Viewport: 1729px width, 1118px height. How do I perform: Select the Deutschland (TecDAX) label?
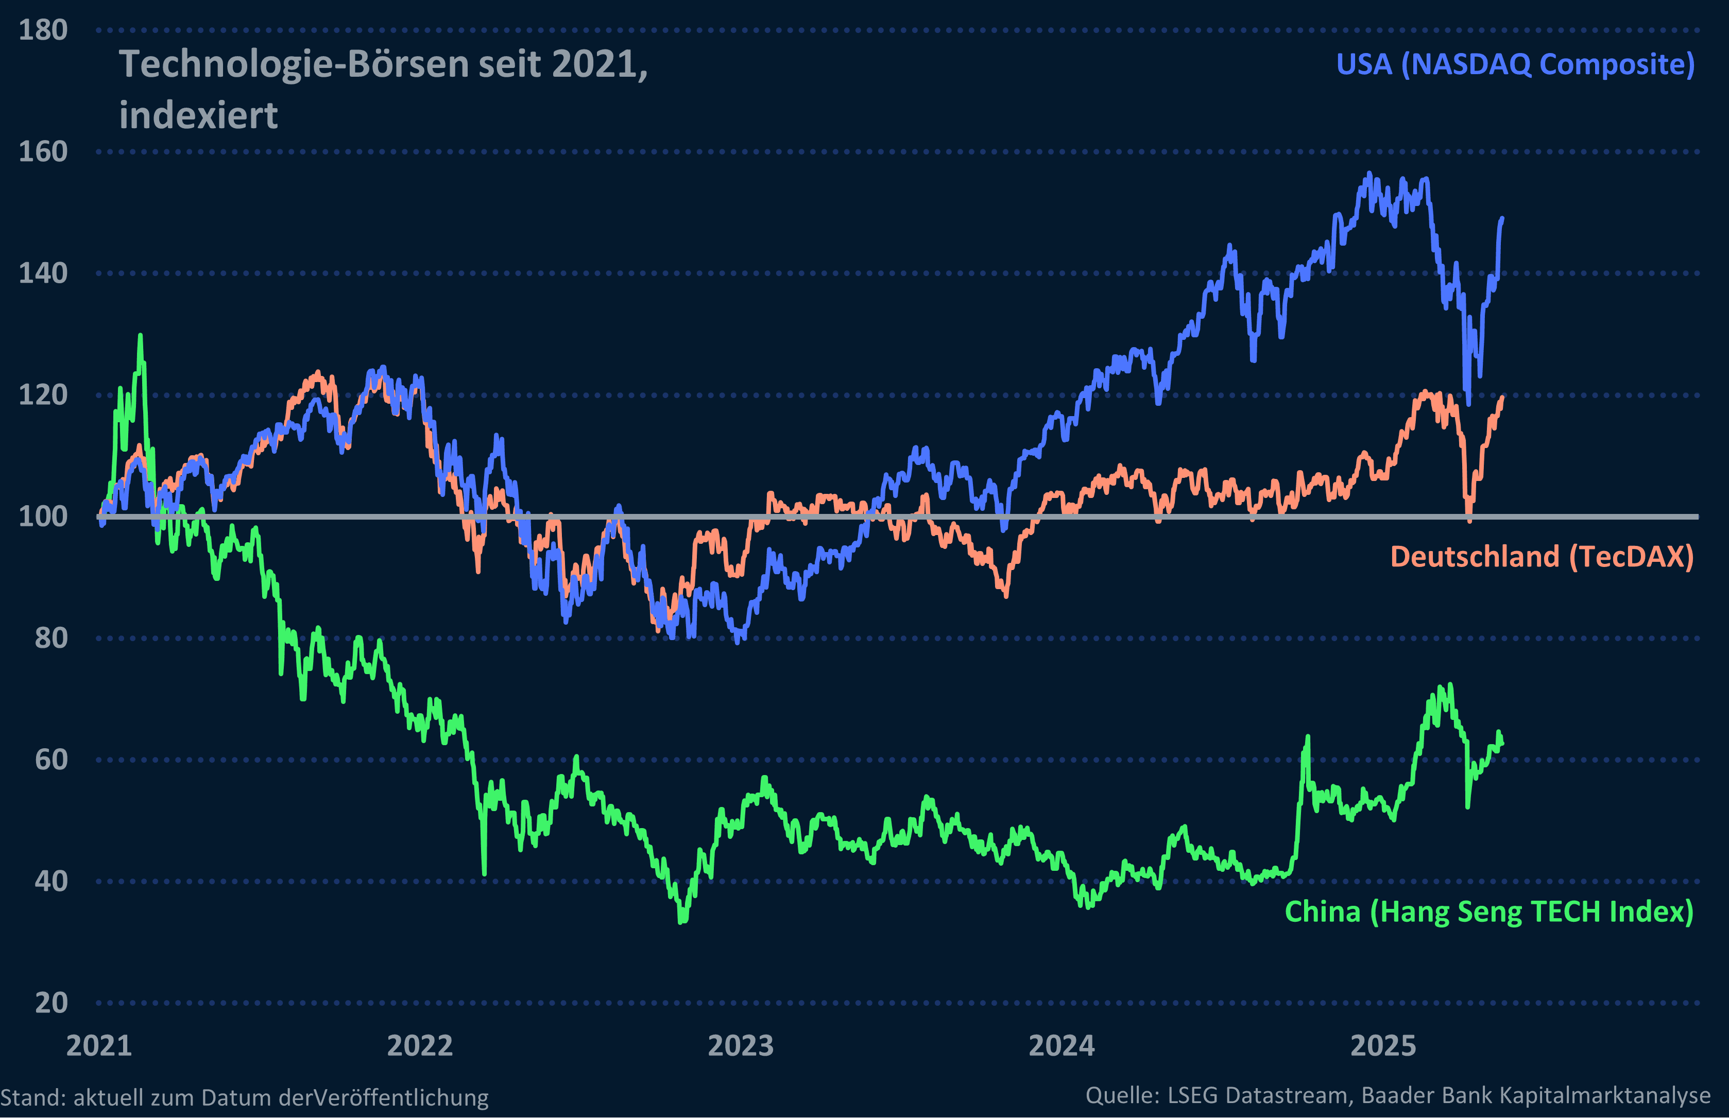click(x=1541, y=557)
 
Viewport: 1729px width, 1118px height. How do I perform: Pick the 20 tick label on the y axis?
click(x=51, y=1003)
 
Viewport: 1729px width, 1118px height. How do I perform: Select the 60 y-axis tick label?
click(x=51, y=760)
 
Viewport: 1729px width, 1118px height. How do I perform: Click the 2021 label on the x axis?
click(x=99, y=1046)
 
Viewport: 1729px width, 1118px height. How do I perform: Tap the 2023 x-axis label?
click(x=741, y=1046)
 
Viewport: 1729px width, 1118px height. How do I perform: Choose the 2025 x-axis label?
click(x=1383, y=1046)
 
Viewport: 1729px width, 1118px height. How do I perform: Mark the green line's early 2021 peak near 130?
click(x=140, y=336)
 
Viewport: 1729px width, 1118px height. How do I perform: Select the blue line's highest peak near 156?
click(x=1369, y=174)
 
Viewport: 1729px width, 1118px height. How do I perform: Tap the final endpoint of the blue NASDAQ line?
click(x=1502, y=218)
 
